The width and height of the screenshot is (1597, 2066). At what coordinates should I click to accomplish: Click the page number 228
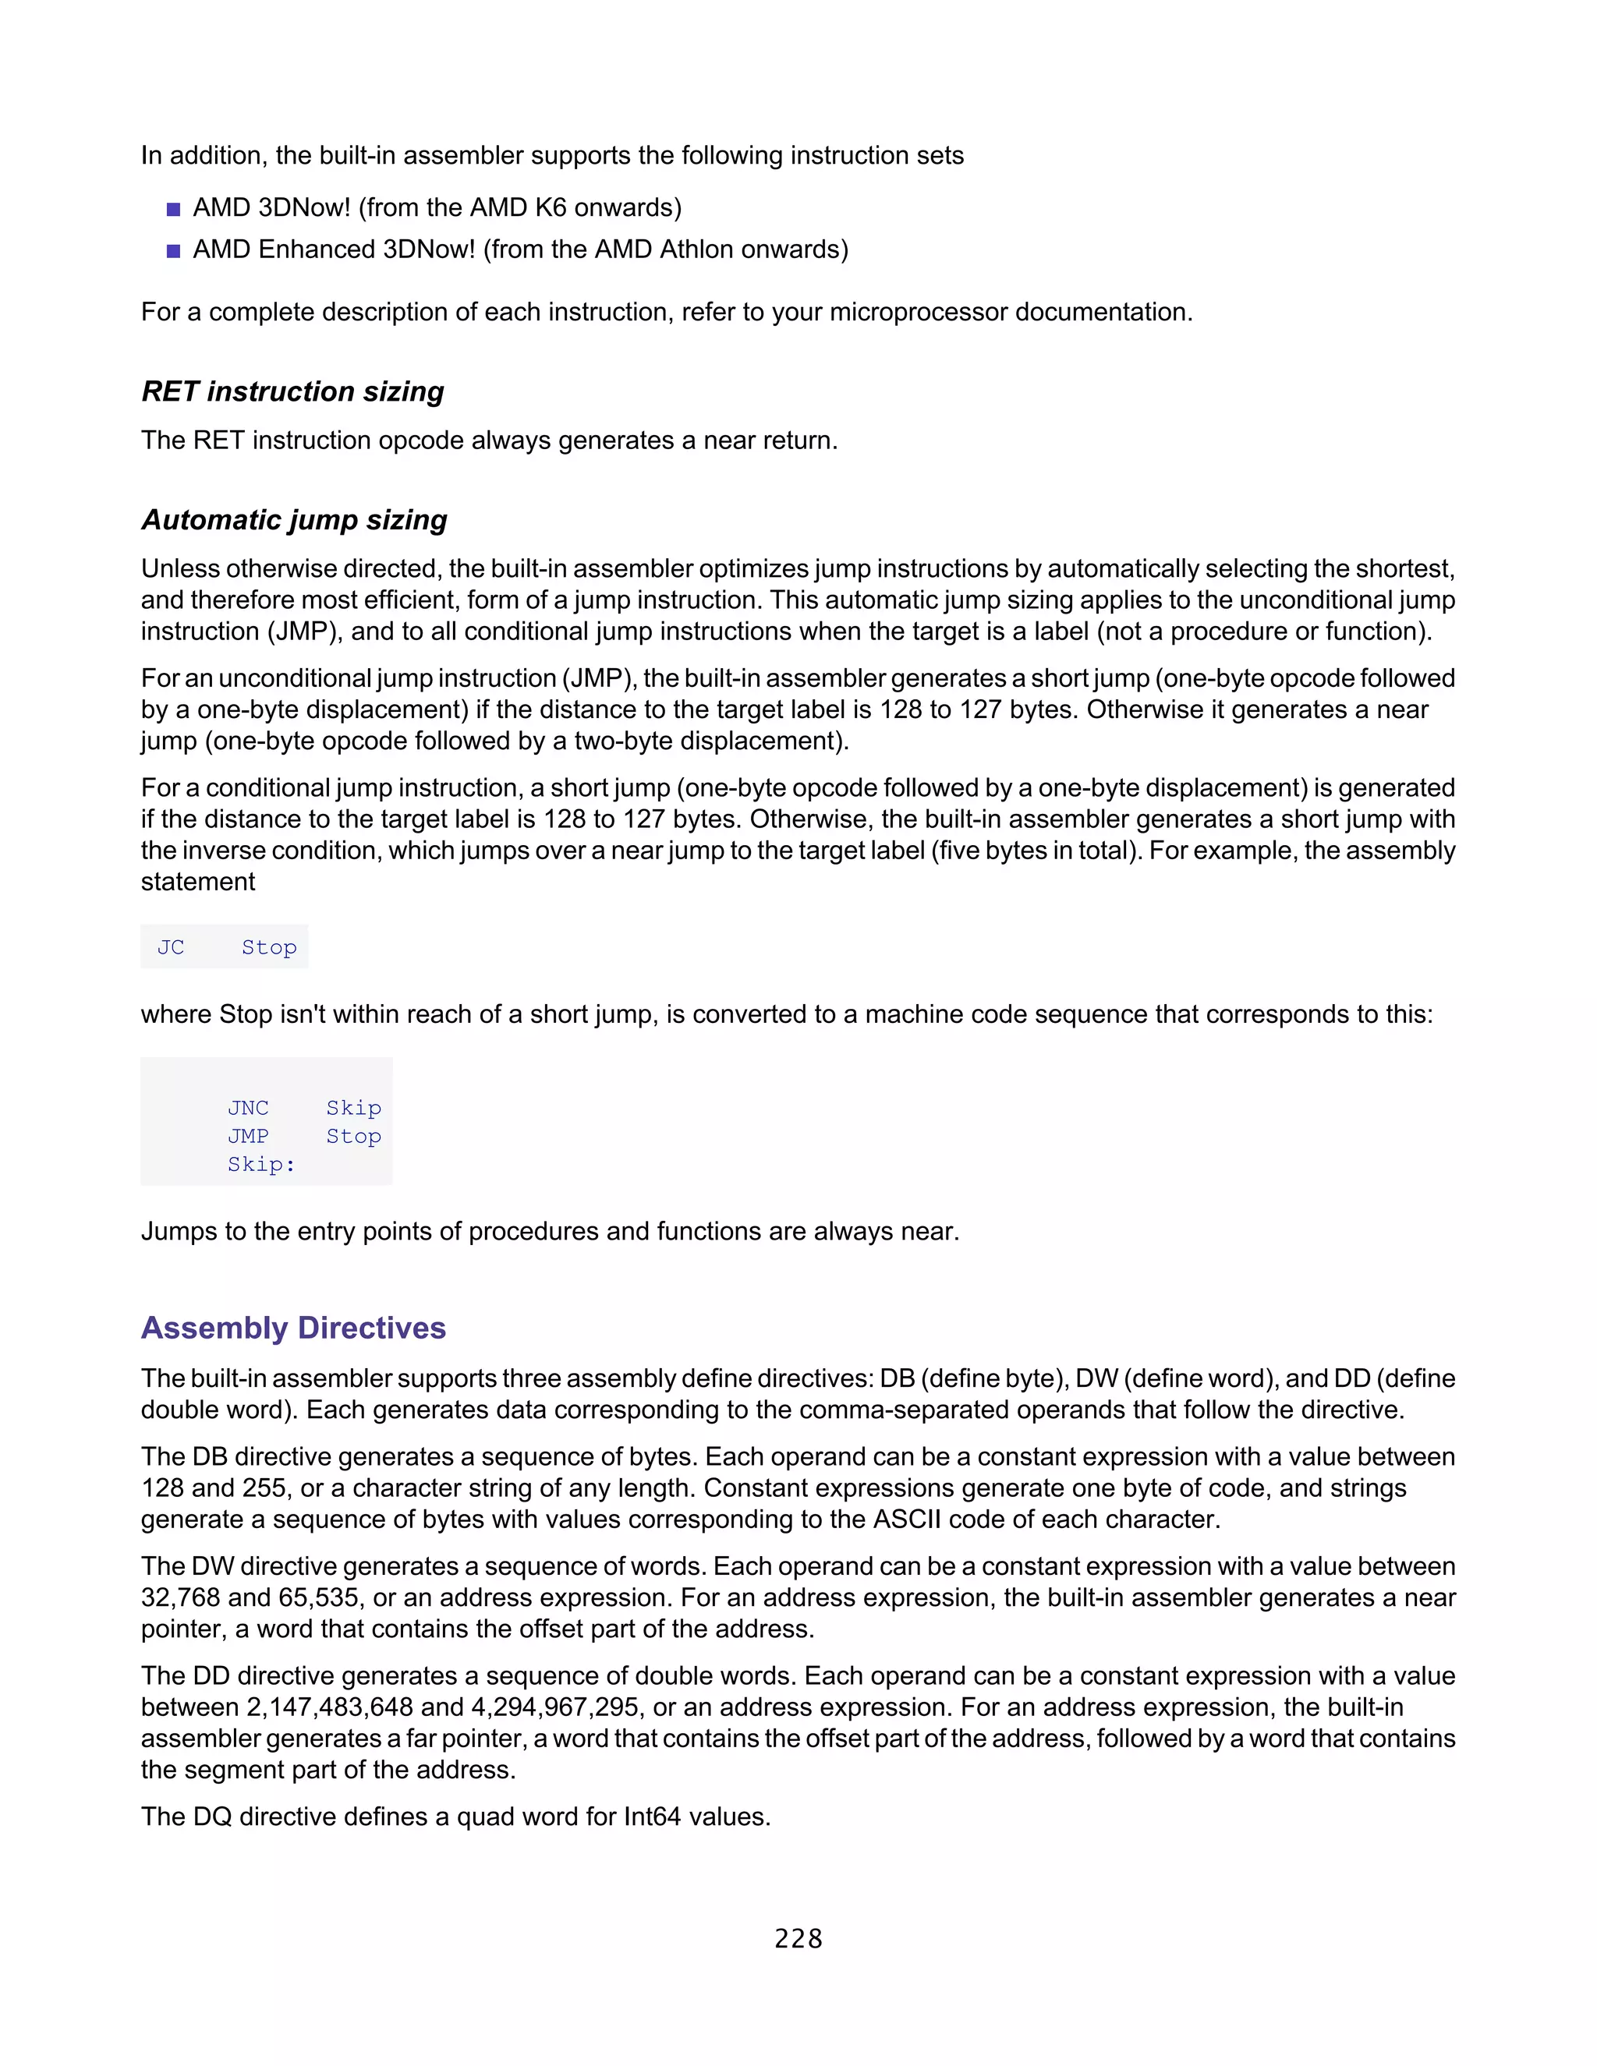click(798, 1938)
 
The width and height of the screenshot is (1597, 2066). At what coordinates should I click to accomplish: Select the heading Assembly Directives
click(293, 1328)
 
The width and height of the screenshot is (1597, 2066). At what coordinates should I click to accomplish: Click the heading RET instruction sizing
click(292, 391)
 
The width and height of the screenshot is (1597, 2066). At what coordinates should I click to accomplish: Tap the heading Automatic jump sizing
click(294, 519)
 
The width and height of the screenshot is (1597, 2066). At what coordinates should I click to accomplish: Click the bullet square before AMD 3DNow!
click(173, 209)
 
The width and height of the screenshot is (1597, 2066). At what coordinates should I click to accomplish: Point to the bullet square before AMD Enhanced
click(173, 251)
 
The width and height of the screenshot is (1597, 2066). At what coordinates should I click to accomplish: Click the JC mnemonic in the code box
click(170, 947)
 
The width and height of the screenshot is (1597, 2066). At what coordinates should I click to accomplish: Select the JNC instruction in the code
click(248, 1108)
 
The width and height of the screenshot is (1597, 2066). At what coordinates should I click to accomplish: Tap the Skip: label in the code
click(261, 1165)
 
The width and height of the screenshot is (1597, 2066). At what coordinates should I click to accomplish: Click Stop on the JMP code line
click(353, 1136)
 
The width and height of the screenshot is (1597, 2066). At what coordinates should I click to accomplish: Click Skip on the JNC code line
click(353, 1108)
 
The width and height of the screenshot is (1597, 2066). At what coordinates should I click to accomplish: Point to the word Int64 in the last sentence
click(653, 1817)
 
